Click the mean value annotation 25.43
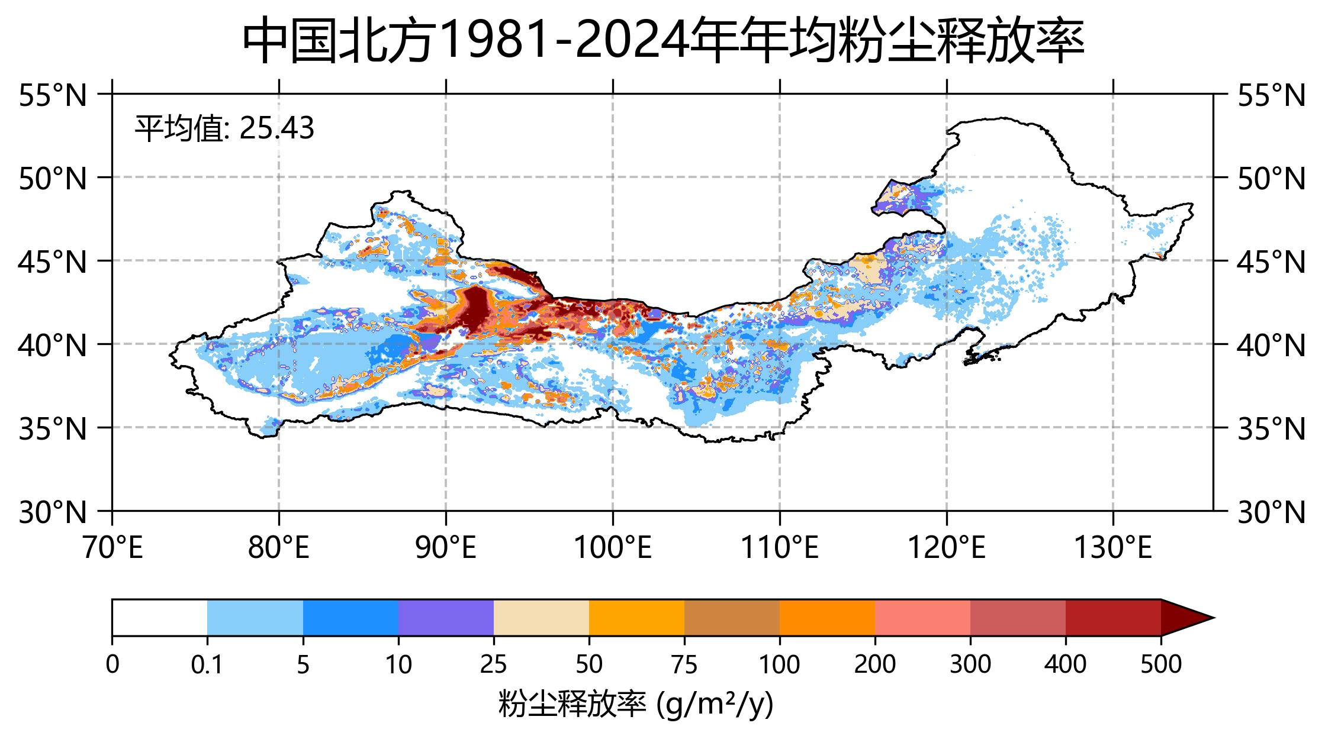pos(224,128)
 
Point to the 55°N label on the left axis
pos(53,95)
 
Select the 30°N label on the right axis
pos(1271,512)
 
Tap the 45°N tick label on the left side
pos(53,262)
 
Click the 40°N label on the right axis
pos(1271,345)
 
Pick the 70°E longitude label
pos(112,548)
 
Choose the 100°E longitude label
pos(613,548)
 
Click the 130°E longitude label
pos(1113,548)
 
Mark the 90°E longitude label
pos(446,548)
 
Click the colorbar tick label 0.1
pos(207,665)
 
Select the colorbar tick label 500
pos(1161,665)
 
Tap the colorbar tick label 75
pos(684,665)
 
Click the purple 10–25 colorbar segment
pos(446,618)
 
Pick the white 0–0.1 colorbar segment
pos(160,618)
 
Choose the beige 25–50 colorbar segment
pos(541,618)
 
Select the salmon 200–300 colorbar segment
pos(922,618)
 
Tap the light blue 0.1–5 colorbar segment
pos(255,618)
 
